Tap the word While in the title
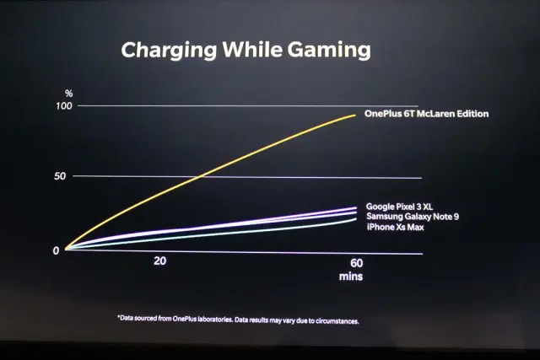click(251, 50)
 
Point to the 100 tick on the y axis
click(63, 105)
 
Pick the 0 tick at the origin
click(56, 250)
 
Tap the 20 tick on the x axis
click(159, 261)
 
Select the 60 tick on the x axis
click(355, 262)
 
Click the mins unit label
click(351, 276)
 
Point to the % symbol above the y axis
click(69, 93)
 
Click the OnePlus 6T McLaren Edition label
click(426, 114)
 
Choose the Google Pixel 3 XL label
click(399, 207)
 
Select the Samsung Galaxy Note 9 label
click(413, 218)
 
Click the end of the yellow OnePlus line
click(355, 115)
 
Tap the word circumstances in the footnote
click(336, 320)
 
